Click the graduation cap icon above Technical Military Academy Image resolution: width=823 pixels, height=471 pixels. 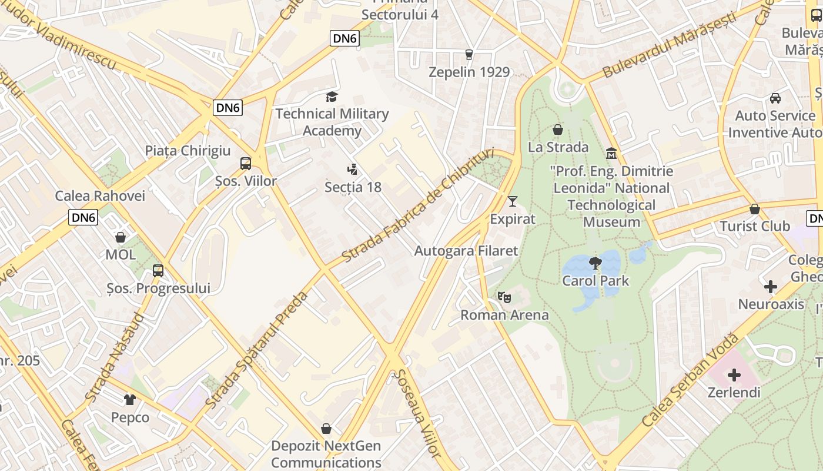[x=332, y=97]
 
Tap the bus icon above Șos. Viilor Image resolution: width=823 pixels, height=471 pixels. [x=246, y=164]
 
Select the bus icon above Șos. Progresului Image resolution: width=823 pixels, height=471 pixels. [x=158, y=271]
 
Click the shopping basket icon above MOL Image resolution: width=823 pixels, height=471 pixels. [x=121, y=237]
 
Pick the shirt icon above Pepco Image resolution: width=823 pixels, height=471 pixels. [x=130, y=400]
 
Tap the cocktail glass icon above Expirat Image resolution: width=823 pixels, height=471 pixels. [x=513, y=201]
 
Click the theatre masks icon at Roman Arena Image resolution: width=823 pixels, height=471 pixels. [x=504, y=297]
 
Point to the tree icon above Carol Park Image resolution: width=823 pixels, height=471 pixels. [x=595, y=263]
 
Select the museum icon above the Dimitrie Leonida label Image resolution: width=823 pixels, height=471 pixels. [x=611, y=154]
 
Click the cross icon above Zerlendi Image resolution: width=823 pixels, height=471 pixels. [x=734, y=374]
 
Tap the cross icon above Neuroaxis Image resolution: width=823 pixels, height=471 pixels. [x=771, y=287]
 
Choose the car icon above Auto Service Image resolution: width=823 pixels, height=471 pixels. [x=775, y=98]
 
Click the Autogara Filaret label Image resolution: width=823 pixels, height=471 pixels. [x=466, y=251]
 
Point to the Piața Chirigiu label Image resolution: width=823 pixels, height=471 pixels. [x=188, y=151]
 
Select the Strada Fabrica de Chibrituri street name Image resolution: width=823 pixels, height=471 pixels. [x=419, y=205]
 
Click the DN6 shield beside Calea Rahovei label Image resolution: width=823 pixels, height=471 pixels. [x=83, y=217]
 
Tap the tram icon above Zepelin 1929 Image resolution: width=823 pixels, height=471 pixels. [x=469, y=55]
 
